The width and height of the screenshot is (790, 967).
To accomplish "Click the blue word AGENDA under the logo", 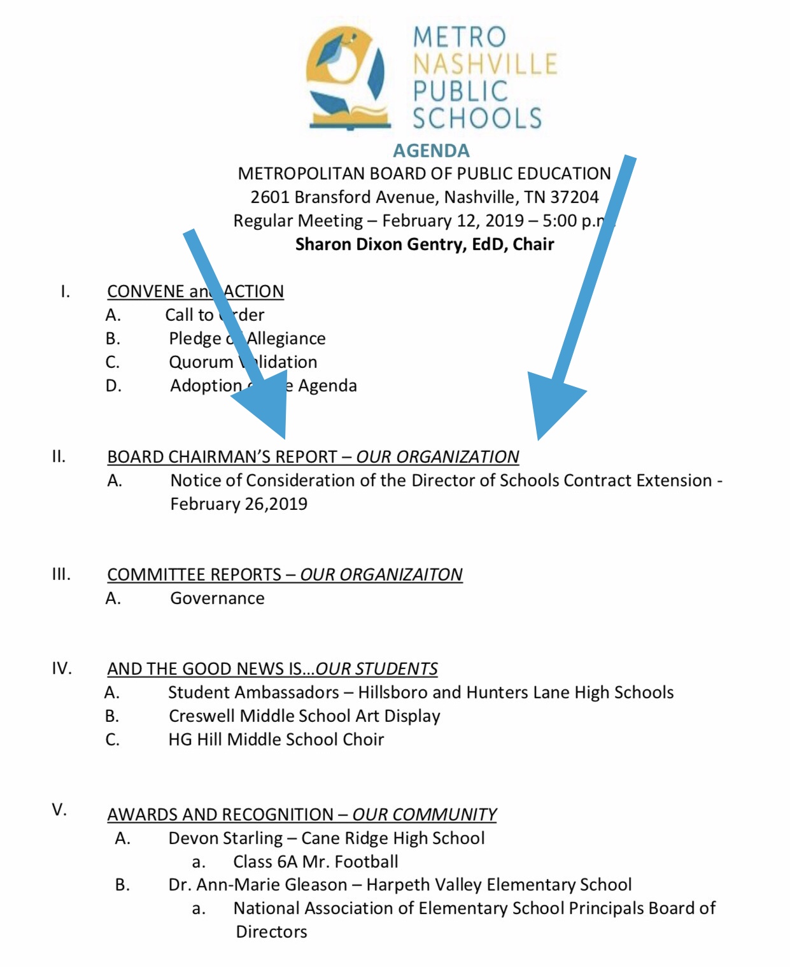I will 431,151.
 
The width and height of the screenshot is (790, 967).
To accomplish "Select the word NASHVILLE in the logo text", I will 485,64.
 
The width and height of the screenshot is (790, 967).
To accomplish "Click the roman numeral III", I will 61,574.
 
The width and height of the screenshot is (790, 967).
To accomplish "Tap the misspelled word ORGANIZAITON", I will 381,575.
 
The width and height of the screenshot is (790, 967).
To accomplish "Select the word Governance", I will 217,598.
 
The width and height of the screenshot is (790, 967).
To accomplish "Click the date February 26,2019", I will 239,504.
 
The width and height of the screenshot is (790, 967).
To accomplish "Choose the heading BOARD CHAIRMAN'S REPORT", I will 222,457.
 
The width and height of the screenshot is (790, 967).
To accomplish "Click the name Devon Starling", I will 225,838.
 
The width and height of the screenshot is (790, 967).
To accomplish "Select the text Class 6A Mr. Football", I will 315,862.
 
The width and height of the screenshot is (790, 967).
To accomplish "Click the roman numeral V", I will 59,810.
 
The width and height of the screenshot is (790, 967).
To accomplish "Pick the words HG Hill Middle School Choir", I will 276,740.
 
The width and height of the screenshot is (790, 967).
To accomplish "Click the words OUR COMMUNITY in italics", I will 424,815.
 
